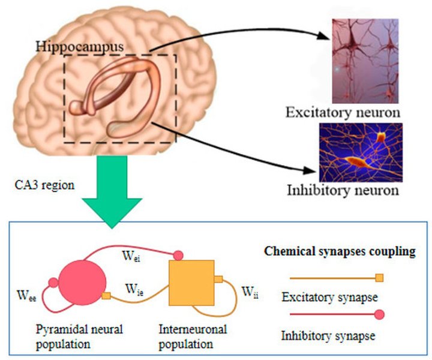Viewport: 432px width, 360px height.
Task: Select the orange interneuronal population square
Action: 191,283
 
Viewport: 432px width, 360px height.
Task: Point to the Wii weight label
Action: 250,292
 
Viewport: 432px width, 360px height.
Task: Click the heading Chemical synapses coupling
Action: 340,251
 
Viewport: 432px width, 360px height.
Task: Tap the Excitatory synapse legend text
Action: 325,296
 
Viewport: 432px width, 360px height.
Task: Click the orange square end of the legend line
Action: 379,277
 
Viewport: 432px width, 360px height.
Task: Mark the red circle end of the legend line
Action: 379,314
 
